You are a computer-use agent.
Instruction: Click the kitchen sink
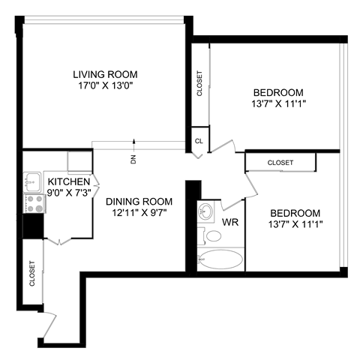[32, 180]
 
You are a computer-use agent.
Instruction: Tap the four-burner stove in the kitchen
[33, 202]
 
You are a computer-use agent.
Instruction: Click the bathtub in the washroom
[223, 259]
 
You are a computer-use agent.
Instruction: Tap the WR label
[230, 223]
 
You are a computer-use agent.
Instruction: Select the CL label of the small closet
[199, 140]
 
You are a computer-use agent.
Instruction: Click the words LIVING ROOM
[105, 73]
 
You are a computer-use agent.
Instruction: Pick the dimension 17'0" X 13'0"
[105, 85]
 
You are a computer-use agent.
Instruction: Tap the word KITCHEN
[69, 181]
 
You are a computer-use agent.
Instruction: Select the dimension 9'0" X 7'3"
[69, 193]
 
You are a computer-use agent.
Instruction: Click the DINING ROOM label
[139, 201]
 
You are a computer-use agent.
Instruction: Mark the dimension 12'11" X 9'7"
[139, 213]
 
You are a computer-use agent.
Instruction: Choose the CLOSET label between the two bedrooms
[280, 163]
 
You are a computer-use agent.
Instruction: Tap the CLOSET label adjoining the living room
[199, 83]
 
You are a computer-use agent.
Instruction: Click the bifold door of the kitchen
[59, 241]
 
